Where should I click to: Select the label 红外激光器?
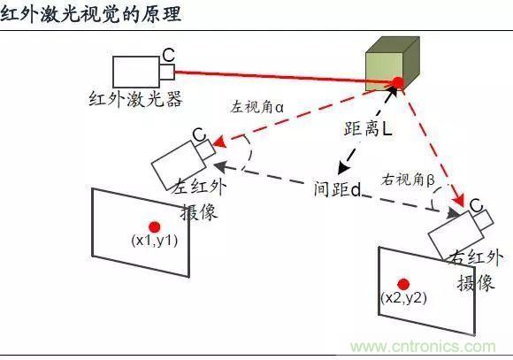(x=136, y=98)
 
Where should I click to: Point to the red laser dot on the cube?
(x=398, y=82)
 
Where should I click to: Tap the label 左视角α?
(x=256, y=106)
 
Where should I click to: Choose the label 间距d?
(x=338, y=188)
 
